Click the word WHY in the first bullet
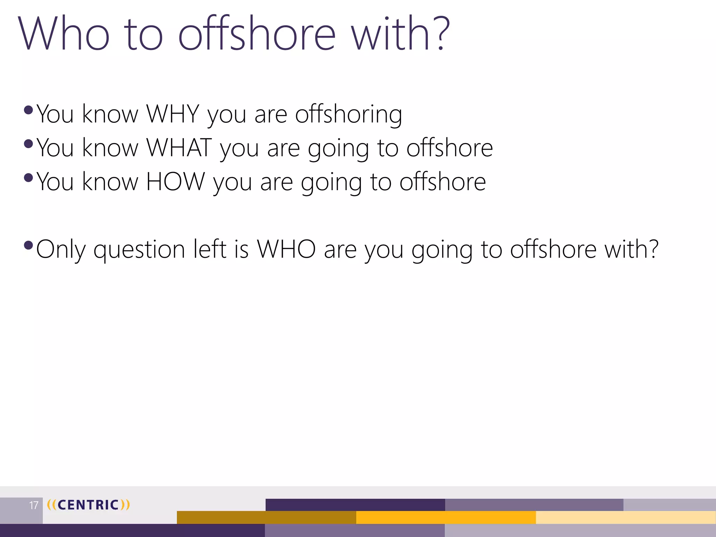coord(173,114)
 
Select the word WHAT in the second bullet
coord(179,148)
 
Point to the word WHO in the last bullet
coord(286,249)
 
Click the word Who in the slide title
coord(64,34)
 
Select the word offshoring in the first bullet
coord(349,115)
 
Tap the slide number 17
coord(34,505)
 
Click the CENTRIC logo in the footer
coord(88,505)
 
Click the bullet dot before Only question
coord(28,245)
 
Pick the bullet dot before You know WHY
coord(28,110)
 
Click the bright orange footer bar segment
coord(446,517)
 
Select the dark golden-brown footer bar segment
coord(266,517)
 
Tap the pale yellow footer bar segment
coord(626,517)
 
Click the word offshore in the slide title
coord(257,34)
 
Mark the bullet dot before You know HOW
coord(28,178)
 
